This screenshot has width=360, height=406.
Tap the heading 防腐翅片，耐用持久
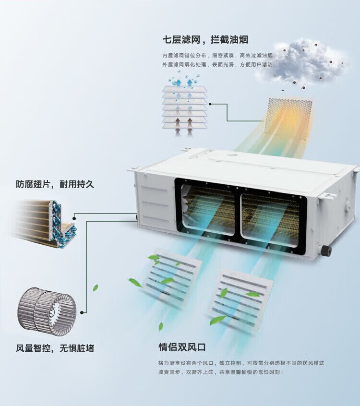pos(55,184)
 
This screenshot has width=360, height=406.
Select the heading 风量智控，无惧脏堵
pos(55,348)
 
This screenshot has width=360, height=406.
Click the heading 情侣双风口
pos(182,346)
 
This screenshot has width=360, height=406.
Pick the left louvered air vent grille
pos(172,275)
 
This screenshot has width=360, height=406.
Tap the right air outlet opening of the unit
pos(272,218)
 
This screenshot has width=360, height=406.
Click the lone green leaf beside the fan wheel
pos(95,288)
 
